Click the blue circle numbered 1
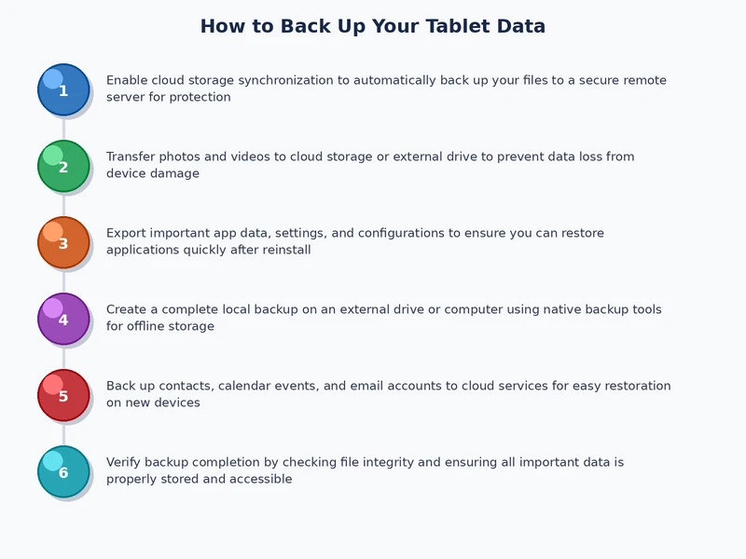(x=63, y=89)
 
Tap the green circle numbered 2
(x=63, y=166)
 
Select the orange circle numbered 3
(x=63, y=242)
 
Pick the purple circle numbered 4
(x=63, y=319)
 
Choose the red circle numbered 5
(x=63, y=395)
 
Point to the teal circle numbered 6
(x=63, y=471)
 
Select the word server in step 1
(x=127, y=97)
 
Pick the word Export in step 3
(x=127, y=233)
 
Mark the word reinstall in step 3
(x=285, y=250)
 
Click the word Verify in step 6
(x=125, y=462)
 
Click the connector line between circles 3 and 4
(x=63, y=280)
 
